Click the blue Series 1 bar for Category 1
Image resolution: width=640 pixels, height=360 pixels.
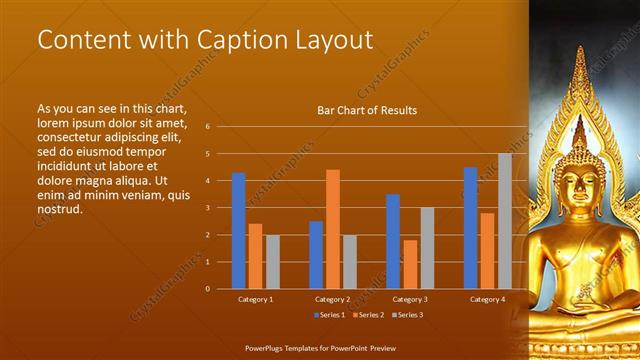coord(239,231)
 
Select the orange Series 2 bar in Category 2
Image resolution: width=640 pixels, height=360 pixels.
coord(332,229)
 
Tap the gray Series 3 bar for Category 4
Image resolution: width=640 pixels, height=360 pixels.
coord(505,221)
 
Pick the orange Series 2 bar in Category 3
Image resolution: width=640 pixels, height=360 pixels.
coord(409,264)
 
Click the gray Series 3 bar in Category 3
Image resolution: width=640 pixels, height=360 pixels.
coord(427,248)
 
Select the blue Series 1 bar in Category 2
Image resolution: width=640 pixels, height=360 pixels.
coord(316,255)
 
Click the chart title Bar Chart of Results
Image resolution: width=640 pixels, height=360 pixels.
coord(367,110)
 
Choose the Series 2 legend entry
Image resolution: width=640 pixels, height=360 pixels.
coord(367,315)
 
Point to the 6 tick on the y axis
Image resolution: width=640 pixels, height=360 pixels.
coord(207,127)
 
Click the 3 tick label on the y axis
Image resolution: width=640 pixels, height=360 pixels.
coord(207,208)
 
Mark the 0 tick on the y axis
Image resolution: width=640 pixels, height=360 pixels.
coord(207,289)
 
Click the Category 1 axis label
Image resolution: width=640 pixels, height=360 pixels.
coord(255,299)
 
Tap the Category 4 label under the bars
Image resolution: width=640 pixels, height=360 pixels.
coord(487,299)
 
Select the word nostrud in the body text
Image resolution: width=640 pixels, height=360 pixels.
coord(59,209)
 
